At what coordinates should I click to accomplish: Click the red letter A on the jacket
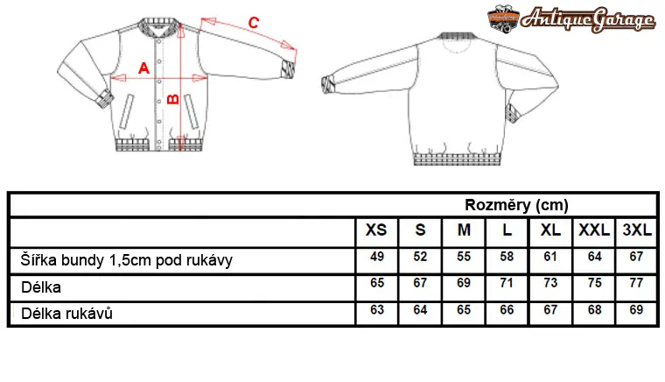[143, 68]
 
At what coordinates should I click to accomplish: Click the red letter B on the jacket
[173, 99]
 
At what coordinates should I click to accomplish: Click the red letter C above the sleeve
[253, 23]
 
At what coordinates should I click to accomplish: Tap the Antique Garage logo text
[588, 19]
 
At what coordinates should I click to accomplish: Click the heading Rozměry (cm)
[516, 205]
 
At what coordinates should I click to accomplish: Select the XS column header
[376, 230]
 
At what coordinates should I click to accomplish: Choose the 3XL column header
[637, 230]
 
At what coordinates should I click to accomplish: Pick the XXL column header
[594, 230]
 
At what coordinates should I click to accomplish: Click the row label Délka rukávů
[67, 314]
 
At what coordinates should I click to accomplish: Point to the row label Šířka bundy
[62, 259]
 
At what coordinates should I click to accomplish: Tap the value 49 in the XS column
[376, 257]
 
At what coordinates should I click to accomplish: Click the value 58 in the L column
[507, 257]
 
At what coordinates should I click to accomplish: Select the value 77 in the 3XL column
[636, 283]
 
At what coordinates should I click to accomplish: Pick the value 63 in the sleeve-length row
[376, 310]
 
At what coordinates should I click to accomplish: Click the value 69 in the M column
[464, 283]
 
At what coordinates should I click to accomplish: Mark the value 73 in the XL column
[550, 283]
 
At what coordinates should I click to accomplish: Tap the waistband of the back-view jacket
[457, 159]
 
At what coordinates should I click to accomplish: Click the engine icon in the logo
[503, 18]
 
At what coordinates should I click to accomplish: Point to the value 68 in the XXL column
[595, 310]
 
